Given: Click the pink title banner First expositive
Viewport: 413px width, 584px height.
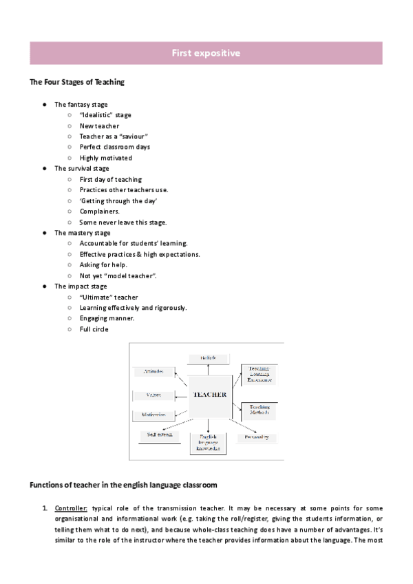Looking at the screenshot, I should point(206,53).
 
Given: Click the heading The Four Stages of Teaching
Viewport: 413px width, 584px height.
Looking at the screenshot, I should point(77,83).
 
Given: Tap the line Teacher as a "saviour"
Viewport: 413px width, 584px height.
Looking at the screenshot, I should point(114,136).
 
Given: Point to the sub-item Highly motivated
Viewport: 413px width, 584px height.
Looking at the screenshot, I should point(106,158).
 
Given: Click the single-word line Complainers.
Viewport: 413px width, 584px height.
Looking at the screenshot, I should point(100,211).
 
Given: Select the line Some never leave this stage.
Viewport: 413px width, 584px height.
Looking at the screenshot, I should point(123,222).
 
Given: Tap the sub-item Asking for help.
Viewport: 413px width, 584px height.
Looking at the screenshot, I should point(103,265).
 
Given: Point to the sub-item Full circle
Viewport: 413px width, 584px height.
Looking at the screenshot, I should point(94,329).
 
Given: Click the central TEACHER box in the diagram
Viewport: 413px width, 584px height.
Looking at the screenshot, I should point(210,395).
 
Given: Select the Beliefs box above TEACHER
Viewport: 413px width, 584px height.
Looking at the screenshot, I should point(209,358).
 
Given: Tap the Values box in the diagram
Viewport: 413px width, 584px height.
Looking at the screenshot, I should point(154,395).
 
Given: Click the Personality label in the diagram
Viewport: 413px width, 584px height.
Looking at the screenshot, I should point(256,437).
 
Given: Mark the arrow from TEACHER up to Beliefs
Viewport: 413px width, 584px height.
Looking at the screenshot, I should point(209,369).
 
